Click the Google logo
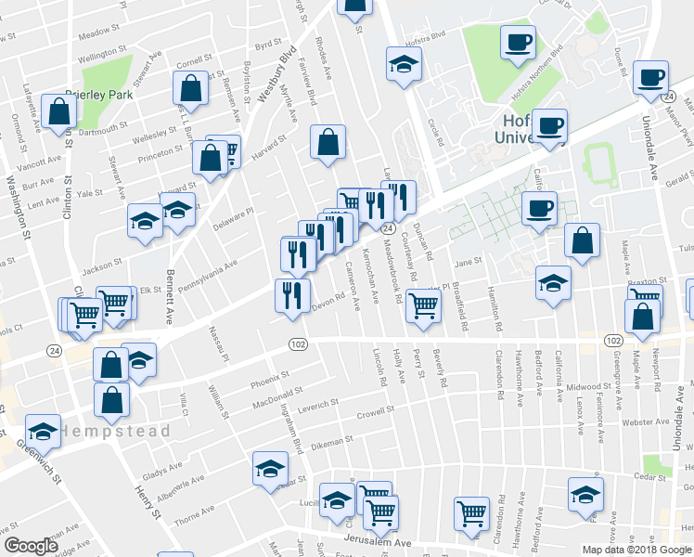(32, 546)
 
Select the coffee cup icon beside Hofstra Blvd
(518, 41)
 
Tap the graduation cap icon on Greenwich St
(42, 430)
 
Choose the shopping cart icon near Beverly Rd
(423, 304)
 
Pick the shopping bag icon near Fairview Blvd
(328, 143)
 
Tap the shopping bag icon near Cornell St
(190, 88)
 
